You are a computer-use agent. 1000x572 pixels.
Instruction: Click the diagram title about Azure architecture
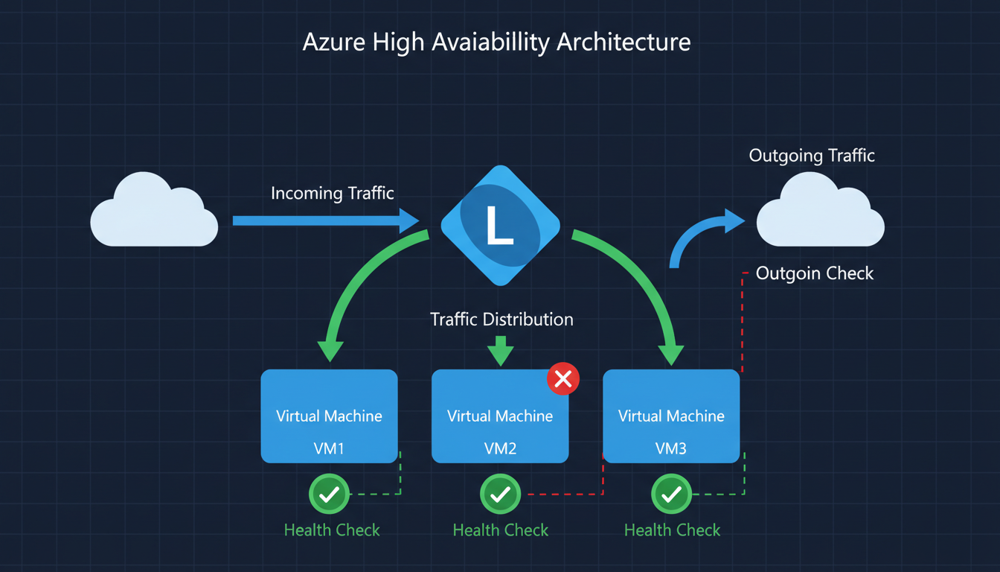[x=496, y=42]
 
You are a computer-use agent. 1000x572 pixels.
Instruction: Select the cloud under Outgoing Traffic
[x=820, y=214]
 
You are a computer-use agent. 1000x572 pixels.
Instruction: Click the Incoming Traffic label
[x=332, y=194]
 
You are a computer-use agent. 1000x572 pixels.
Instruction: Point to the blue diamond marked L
[x=500, y=225]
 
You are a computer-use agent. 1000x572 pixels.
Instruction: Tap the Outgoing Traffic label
[x=812, y=156]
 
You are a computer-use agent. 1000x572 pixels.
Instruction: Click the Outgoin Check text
[x=814, y=273]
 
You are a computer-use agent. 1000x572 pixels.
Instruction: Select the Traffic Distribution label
[x=501, y=320]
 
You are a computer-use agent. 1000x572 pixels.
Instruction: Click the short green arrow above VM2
[x=500, y=350]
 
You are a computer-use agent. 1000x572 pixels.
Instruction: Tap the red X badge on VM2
[x=563, y=379]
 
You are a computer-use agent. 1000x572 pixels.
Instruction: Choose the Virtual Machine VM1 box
[x=329, y=416]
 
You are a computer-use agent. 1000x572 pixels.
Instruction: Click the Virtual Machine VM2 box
[x=500, y=416]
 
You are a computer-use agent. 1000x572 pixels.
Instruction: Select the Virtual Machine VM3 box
[x=671, y=416]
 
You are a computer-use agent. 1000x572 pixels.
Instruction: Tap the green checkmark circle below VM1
[x=329, y=494]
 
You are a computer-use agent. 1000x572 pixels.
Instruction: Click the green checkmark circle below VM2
[x=500, y=494]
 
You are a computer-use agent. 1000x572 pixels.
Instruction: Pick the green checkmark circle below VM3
[x=671, y=494]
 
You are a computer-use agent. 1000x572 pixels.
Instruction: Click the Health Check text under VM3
[x=672, y=530]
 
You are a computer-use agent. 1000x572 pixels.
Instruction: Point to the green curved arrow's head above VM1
[x=330, y=350]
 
